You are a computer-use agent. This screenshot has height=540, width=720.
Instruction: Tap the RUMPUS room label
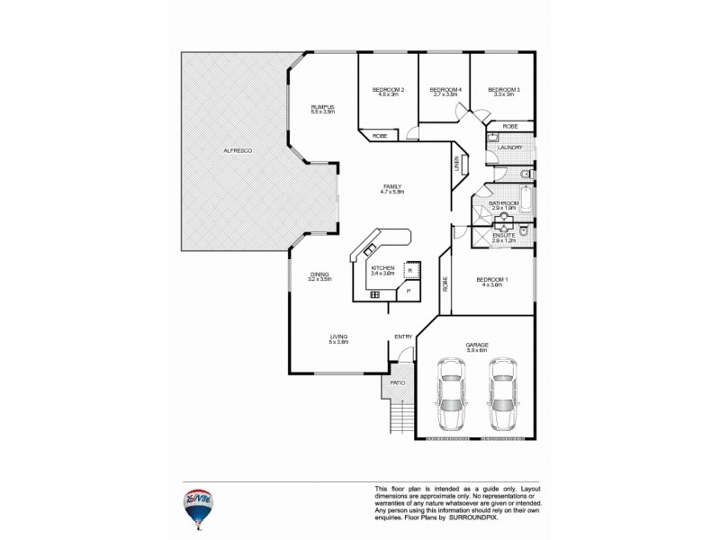pos(322,106)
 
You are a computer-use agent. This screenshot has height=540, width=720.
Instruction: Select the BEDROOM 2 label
pos(388,89)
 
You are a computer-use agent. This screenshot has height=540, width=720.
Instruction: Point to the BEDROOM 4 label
pos(445,89)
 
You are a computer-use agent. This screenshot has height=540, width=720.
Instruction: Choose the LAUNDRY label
pos(509,147)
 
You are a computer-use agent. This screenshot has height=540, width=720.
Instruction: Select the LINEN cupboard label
pos(456,165)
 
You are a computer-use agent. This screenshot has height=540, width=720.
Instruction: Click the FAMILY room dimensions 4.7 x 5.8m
pos(391,192)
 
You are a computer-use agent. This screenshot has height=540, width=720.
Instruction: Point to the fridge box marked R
pos(409,269)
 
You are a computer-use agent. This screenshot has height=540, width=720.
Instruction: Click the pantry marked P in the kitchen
pos(408,292)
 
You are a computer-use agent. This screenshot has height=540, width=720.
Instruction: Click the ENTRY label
pos(402,337)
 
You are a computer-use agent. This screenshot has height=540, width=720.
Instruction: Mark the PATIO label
pos(397,382)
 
